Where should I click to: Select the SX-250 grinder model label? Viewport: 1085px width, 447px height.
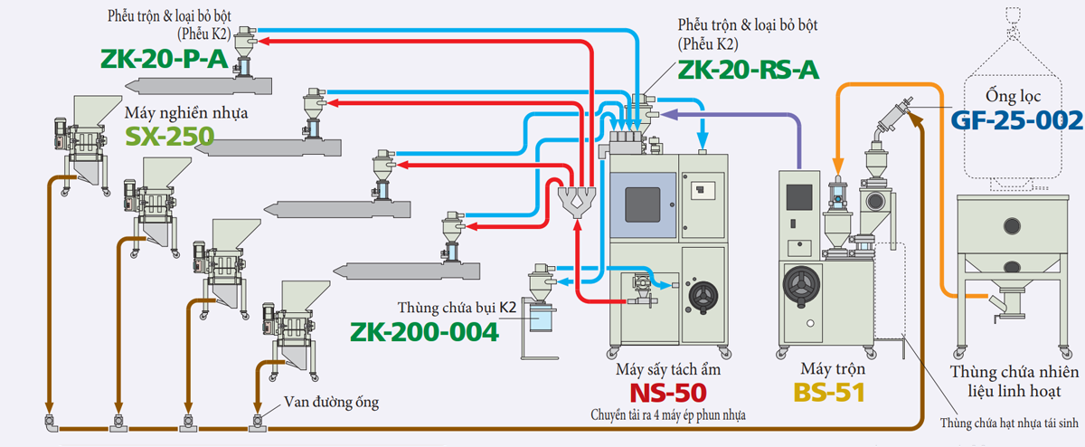[170, 136]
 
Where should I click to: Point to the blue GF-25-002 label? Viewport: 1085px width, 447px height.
[1016, 120]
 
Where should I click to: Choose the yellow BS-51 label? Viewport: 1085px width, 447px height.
[829, 392]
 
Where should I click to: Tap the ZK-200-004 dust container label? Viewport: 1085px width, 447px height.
[426, 332]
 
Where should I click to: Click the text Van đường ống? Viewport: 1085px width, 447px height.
[331, 401]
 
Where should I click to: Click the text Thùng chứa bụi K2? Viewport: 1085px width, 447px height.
[457, 309]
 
